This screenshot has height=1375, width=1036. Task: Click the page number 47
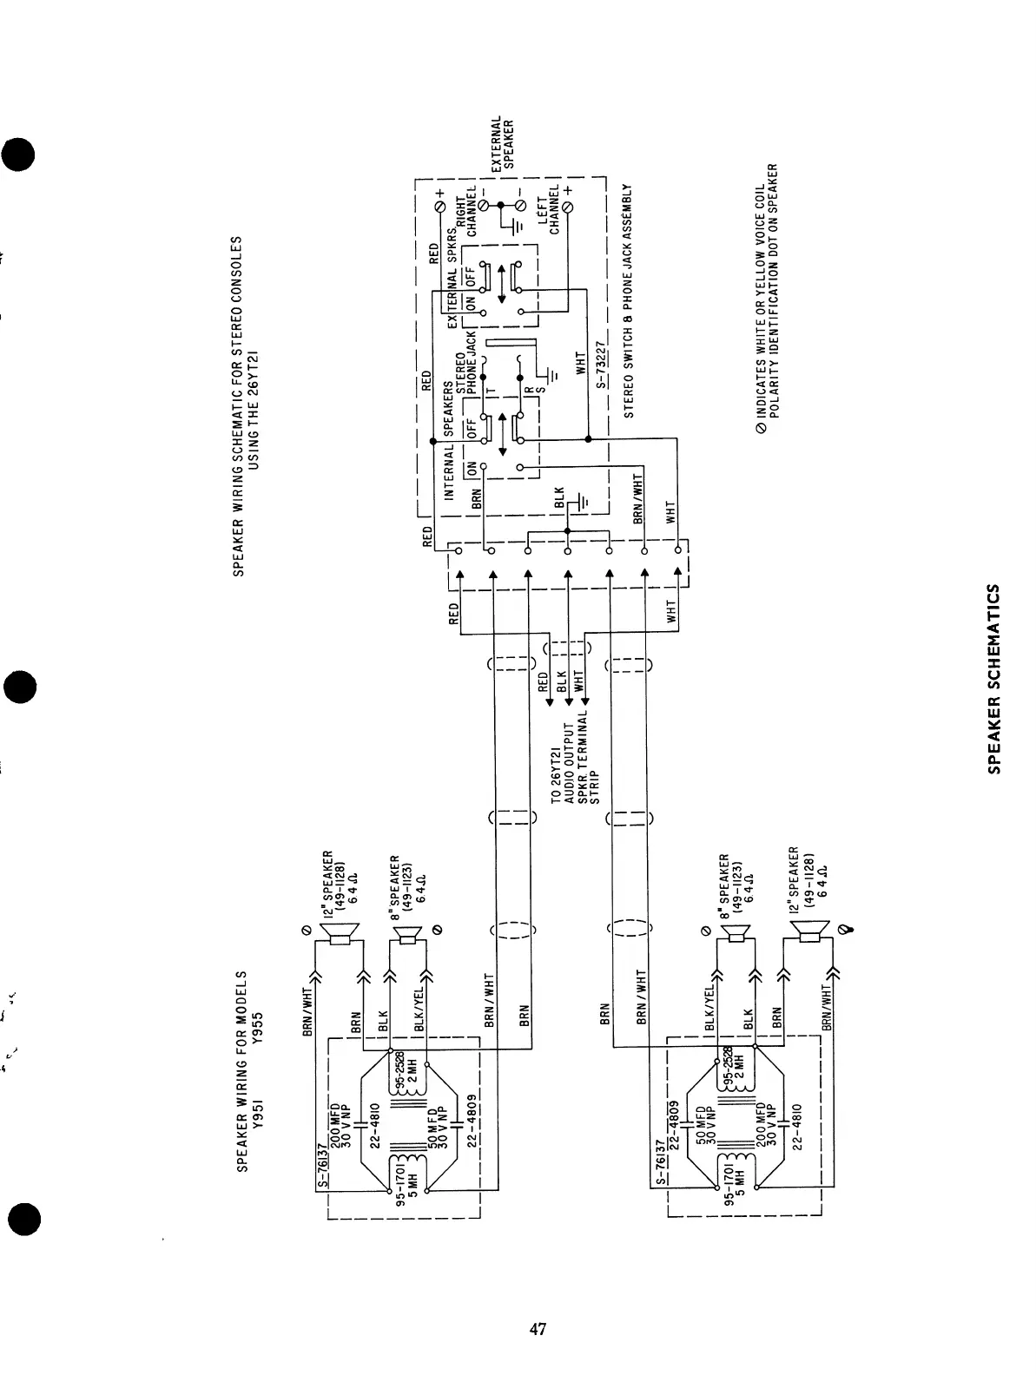coord(538,1328)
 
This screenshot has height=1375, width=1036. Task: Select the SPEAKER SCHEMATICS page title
coord(995,678)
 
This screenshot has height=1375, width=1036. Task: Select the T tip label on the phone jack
coord(491,392)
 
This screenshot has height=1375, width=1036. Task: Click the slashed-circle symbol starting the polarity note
coord(762,426)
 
